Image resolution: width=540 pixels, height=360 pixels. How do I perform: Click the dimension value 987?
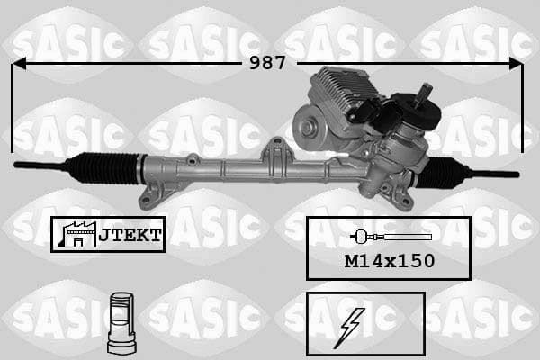[267, 63]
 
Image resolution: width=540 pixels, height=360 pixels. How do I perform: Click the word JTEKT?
[130, 235]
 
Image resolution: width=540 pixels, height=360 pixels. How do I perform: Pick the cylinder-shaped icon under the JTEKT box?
[120, 321]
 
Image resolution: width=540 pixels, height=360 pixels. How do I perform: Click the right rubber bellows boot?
[442, 172]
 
